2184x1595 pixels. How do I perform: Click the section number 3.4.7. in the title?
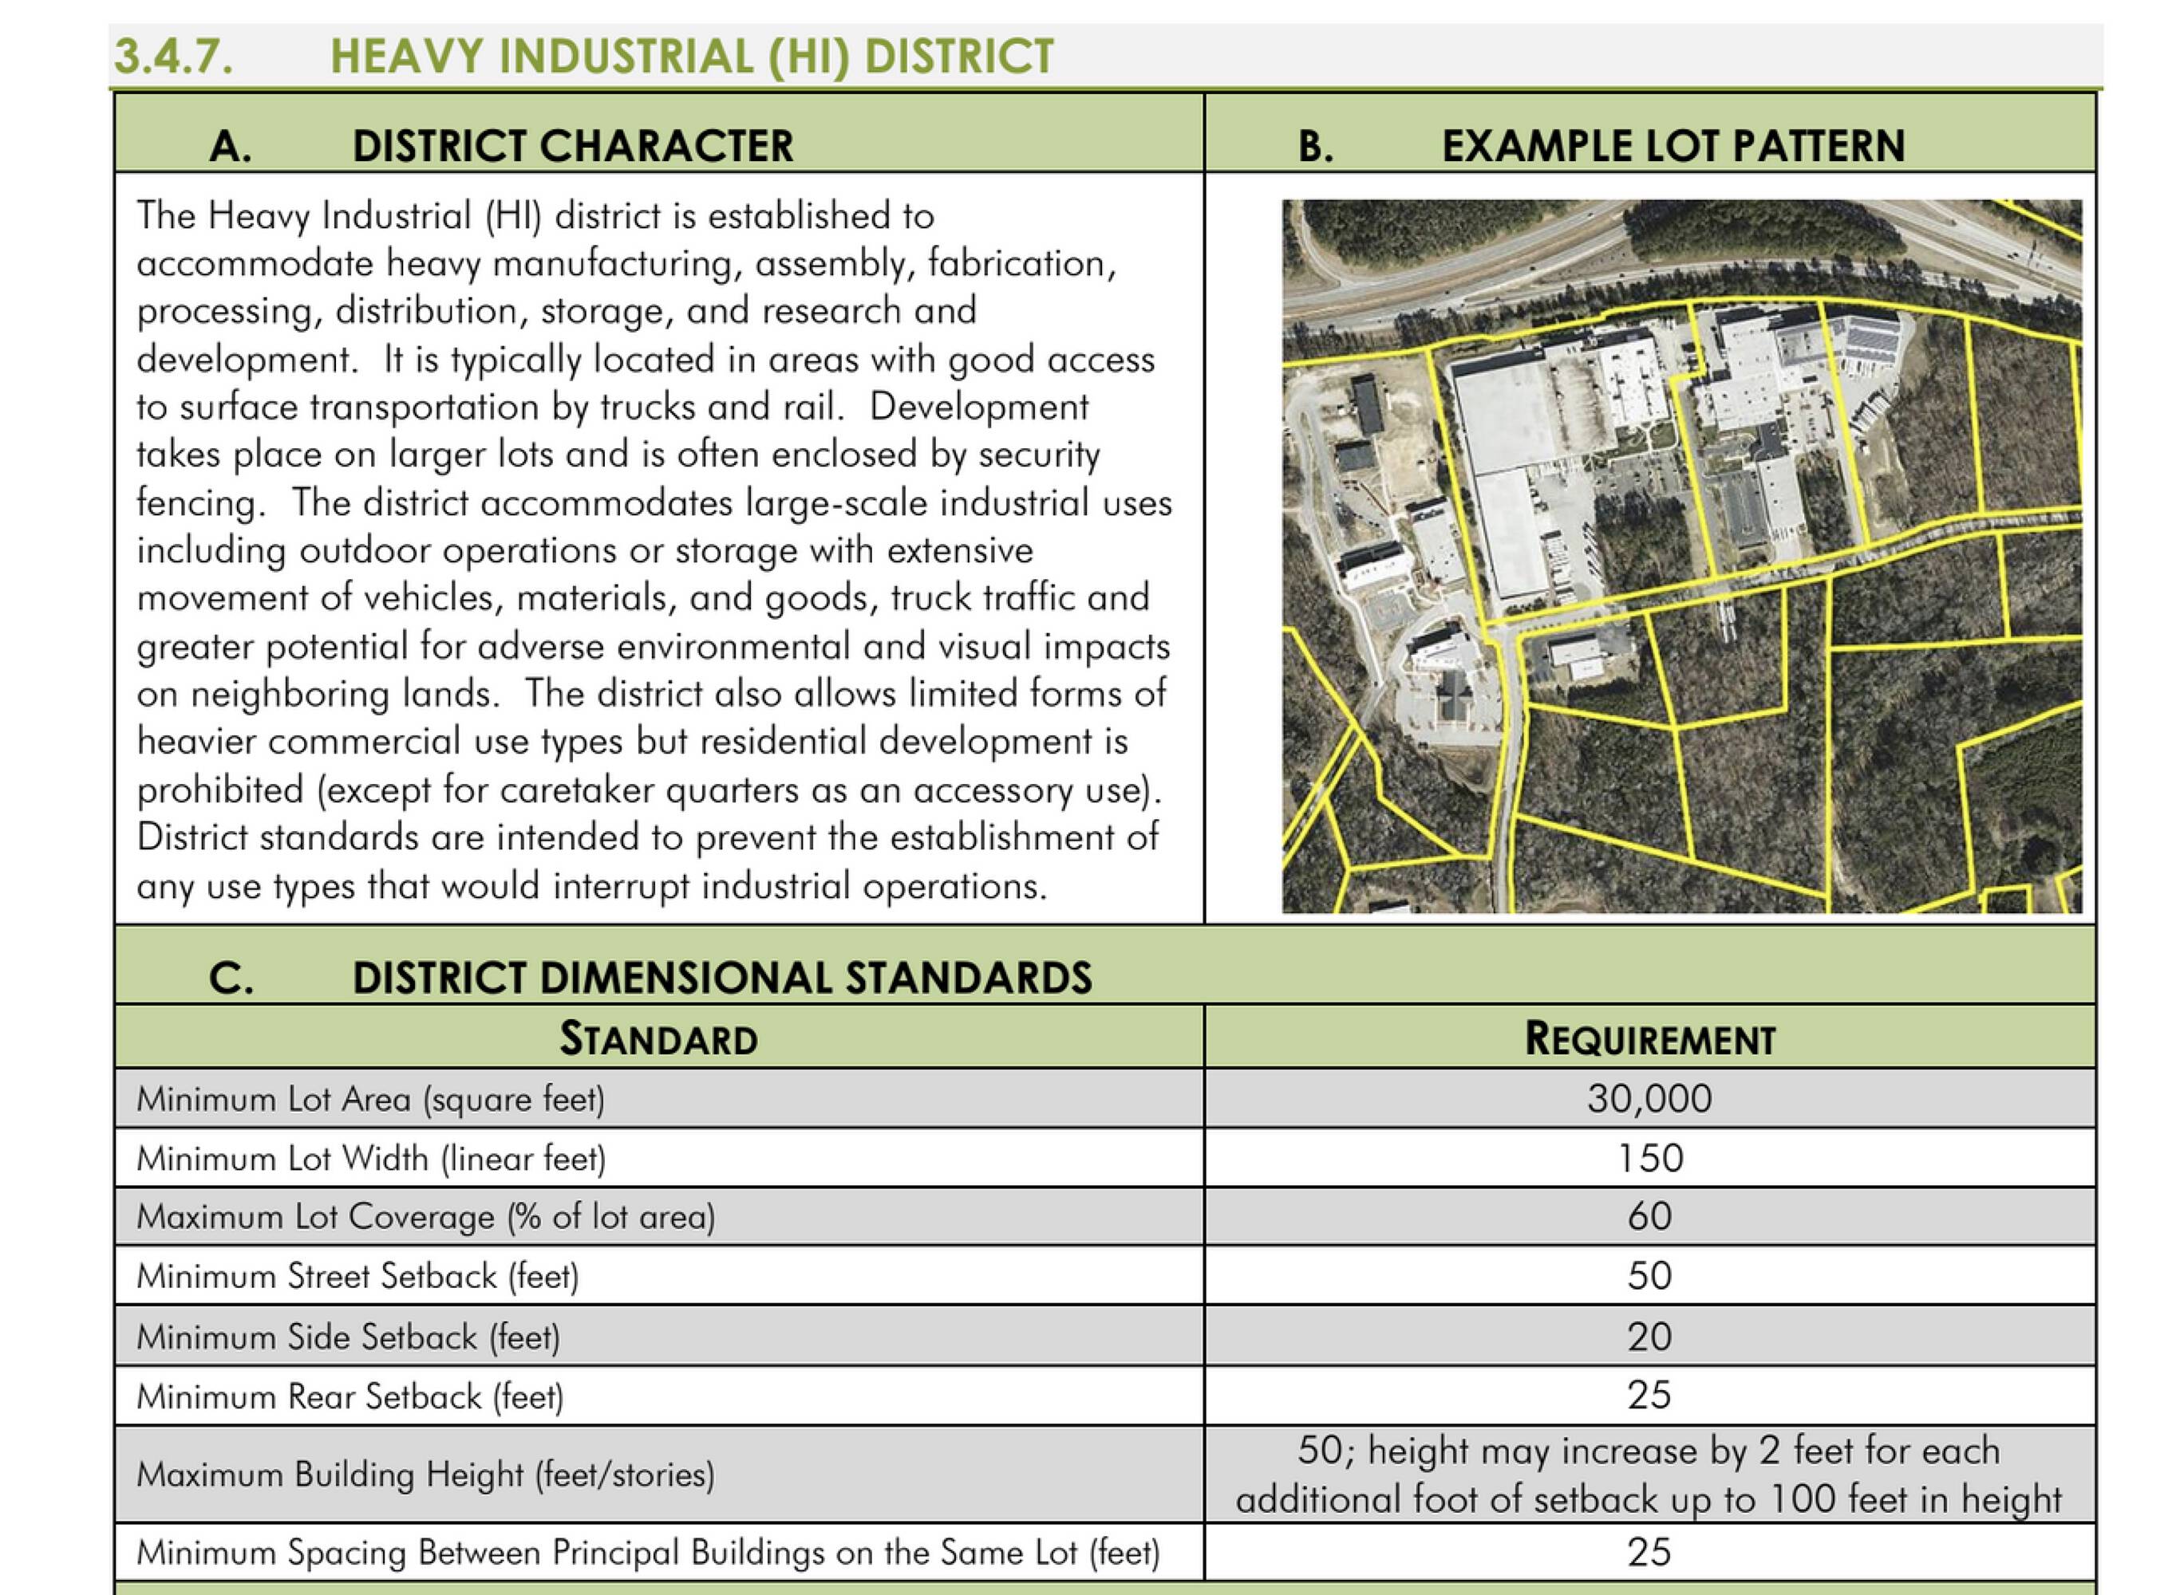(174, 56)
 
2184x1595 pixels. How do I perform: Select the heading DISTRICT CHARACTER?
(572, 147)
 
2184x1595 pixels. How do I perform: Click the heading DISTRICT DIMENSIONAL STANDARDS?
(721, 978)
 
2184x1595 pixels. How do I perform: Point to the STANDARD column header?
(659, 1039)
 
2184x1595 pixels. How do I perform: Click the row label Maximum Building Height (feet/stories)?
(425, 1475)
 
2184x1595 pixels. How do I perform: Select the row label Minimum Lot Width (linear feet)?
(371, 1158)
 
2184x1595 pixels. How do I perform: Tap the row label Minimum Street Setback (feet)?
(357, 1276)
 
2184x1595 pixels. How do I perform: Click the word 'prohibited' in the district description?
(220, 790)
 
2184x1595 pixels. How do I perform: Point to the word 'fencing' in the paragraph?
(197, 503)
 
